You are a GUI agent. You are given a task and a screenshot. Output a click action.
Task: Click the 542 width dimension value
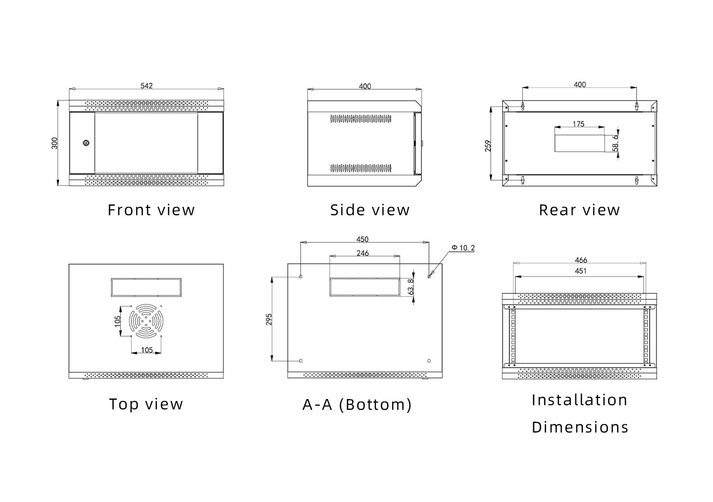coord(147,86)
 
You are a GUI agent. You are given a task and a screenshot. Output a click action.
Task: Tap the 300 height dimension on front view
coord(55,143)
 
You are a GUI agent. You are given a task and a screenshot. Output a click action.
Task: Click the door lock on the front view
coord(86,143)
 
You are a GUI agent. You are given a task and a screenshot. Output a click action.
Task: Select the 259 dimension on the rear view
coord(488,146)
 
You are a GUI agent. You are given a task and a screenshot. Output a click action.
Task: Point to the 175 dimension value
coord(578,124)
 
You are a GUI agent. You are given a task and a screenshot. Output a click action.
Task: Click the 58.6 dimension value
coord(616,143)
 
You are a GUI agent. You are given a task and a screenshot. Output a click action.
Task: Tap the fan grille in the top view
coord(146,321)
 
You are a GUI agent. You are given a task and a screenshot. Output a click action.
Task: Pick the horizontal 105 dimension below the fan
coord(147,350)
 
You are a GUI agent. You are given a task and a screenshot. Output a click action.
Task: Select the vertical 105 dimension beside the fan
coord(118,321)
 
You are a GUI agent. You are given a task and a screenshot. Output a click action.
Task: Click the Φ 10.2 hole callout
coord(463,248)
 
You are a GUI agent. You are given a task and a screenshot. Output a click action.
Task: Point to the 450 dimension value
coord(362,239)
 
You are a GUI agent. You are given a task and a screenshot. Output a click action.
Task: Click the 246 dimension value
coord(362,253)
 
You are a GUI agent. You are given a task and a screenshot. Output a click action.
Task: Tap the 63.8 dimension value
coord(411,287)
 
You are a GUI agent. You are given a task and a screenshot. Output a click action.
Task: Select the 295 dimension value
coord(269,319)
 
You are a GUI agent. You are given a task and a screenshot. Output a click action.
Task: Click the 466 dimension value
coord(581,260)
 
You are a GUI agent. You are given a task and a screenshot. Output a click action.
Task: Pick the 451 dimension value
coord(580,271)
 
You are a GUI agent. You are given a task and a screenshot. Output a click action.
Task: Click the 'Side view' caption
coord(370,210)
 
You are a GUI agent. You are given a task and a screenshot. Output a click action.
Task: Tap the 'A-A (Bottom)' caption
coord(357,405)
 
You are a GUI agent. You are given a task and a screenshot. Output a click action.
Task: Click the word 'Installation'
coord(580,400)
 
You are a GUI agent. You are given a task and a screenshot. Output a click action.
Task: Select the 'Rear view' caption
coord(579,210)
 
